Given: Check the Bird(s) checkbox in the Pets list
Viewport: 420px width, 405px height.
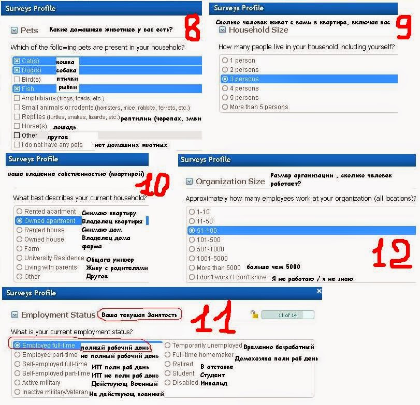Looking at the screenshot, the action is (x=17, y=80).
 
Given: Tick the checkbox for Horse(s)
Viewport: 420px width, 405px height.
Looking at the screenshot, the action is (x=17, y=126).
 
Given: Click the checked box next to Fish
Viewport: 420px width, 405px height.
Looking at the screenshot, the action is (x=17, y=89).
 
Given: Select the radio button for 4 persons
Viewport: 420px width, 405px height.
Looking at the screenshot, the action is (x=225, y=88).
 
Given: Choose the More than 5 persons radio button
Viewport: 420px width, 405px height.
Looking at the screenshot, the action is (x=225, y=107).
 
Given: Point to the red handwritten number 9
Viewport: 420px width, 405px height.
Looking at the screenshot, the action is (x=403, y=27).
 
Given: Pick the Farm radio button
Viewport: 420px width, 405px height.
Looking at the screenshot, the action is (x=19, y=248).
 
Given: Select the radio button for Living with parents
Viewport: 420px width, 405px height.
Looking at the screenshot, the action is (x=19, y=267).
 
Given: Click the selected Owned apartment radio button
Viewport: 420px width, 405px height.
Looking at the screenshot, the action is (x=19, y=221).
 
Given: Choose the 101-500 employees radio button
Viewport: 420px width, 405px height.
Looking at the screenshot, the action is (x=192, y=239).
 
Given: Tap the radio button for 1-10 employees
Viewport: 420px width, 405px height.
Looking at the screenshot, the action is (x=192, y=212).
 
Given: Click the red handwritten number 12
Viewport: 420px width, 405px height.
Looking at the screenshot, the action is (x=392, y=253).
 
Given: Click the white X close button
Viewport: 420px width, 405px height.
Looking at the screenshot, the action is (x=319, y=291).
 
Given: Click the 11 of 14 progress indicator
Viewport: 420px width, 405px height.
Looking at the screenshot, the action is (x=287, y=315).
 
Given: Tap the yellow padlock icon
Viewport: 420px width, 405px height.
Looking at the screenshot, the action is (x=254, y=314).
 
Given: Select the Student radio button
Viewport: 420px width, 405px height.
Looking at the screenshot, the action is (x=168, y=373).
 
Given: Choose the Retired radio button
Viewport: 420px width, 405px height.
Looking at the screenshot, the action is (x=168, y=364).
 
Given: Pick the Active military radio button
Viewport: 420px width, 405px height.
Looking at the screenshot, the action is (x=18, y=383).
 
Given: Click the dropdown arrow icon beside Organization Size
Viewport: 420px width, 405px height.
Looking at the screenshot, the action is (x=189, y=182).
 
